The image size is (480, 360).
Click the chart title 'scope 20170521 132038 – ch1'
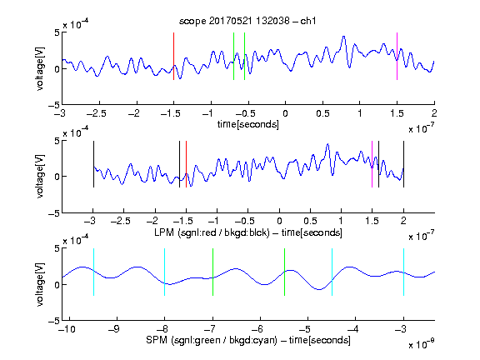247,21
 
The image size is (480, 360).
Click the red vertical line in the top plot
173,56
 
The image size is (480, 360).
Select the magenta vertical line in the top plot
397,56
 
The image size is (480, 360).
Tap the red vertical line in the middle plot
186,164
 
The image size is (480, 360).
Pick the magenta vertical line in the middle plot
372,164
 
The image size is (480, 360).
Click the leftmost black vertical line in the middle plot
93,164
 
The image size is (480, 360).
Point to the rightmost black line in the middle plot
403,164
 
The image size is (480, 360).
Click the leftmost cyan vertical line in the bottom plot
93,272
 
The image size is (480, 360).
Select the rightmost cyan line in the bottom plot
403,272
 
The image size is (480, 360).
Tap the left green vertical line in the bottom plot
212,272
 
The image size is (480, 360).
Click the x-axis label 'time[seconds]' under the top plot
248,125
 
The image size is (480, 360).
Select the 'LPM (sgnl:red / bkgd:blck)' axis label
212,232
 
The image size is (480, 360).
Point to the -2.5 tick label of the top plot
97,113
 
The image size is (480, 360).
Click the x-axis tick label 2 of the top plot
434,113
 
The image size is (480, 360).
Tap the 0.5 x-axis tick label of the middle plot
310,221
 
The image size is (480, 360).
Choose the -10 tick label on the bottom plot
67,329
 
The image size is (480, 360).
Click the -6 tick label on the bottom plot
259,329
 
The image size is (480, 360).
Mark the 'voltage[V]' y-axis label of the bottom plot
40,284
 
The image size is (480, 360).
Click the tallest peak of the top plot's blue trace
344,37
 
